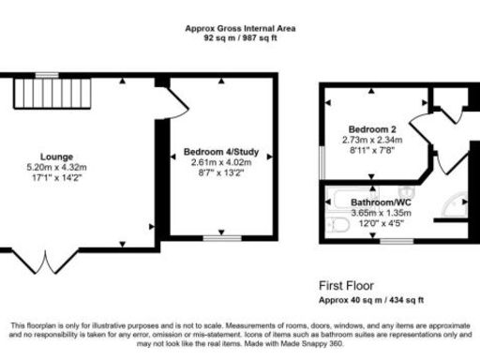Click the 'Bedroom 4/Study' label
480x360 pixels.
pos(221,151)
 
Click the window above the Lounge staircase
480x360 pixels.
pos(44,74)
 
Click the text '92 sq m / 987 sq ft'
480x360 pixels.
pos(240,39)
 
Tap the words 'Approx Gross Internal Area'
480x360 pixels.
pos(240,29)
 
